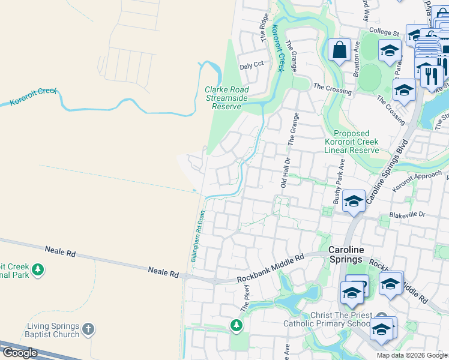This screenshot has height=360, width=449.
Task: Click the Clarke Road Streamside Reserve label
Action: tap(227, 98)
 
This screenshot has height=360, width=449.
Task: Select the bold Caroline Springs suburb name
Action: tap(346, 254)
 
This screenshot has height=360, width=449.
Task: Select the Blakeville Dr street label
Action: tap(408, 214)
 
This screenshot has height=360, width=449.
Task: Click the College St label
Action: tap(385, 32)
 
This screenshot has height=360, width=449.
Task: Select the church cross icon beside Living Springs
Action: tap(88, 329)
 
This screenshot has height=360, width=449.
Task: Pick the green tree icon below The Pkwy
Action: tap(237, 326)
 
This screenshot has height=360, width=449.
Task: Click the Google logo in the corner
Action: tap(20, 352)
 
